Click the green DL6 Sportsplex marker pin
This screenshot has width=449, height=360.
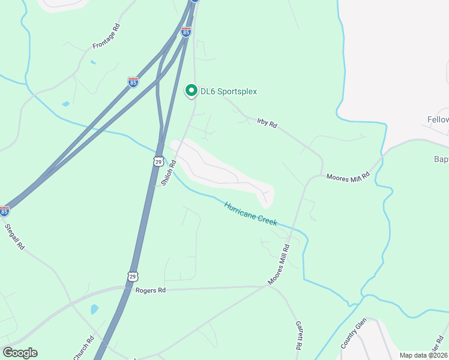coord(191,91)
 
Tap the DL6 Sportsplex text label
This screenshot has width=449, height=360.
coord(229,91)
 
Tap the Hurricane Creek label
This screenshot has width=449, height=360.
coord(250,214)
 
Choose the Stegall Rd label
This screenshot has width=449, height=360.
coord(15,236)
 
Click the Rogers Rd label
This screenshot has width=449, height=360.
coord(150,290)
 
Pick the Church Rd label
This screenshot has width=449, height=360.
coord(83,347)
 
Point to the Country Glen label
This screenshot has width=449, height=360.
coord(353,335)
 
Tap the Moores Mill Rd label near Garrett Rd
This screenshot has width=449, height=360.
coord(279,265)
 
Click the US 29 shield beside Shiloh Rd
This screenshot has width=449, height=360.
coord(158,161)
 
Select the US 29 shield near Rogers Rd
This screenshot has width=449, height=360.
coord(132,275)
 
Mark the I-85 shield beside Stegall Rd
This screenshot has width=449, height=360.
coord(5,211)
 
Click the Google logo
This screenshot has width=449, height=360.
coord(20,353)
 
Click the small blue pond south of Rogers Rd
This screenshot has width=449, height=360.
coord(94,310)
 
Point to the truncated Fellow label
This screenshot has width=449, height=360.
coord(438,120)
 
